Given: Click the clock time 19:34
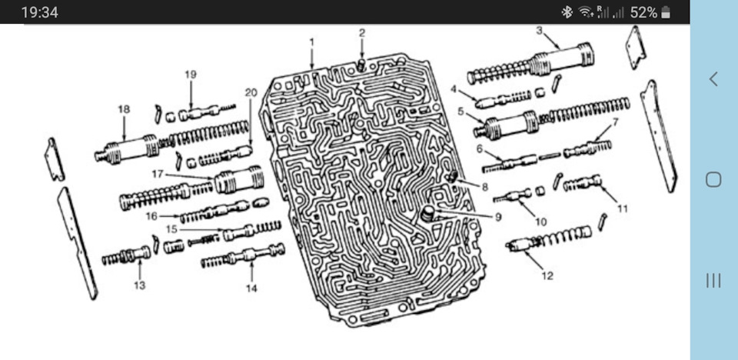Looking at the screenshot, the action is point(39,12).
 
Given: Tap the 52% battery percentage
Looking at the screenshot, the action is point(643,12).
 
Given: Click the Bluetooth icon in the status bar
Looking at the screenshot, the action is point(567,12).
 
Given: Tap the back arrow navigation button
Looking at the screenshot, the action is point(713,78).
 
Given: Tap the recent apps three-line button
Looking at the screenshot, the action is point(713,280).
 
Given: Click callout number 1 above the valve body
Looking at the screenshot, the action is point(311,42).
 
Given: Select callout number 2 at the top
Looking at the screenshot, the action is point(362,33).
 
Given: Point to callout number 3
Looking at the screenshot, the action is point(539,31).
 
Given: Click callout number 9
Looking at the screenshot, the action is point(498,217).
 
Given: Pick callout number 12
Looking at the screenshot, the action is point(547,275).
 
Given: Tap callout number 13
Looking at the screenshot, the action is point(140,285).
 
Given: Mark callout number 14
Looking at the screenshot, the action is point(252,288).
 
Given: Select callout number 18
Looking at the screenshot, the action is point(124,110).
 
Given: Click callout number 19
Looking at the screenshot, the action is point(191,75).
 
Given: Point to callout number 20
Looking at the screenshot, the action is point(251,92).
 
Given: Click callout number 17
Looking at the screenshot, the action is point(157,175).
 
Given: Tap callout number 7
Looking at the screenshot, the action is point(615,122).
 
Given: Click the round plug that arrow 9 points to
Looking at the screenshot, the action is point(428,213).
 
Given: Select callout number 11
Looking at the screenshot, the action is point(623,208).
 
